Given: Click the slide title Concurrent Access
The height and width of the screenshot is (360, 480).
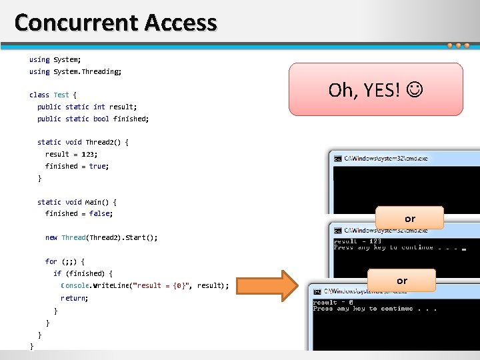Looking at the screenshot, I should (115, 23).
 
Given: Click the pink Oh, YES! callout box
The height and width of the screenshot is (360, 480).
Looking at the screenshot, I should (375, 89).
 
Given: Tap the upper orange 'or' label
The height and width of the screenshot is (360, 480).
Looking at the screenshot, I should (409, 218).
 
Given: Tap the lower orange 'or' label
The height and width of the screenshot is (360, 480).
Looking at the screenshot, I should (401, 280).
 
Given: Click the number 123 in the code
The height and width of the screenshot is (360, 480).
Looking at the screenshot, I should (89, 154).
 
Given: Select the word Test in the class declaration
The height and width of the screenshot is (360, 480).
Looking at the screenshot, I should (61, 95).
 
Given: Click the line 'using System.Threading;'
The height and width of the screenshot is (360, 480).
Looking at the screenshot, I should (75, 71).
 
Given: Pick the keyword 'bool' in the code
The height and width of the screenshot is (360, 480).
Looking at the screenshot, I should (101, 119).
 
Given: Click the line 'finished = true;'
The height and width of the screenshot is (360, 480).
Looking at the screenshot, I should (77, 166).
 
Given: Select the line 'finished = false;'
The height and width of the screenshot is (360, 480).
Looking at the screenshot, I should (79, 213).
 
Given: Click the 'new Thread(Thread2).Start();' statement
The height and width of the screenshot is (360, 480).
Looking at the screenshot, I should (101, 237).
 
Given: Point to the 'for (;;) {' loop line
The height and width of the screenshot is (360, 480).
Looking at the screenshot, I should (65, 261).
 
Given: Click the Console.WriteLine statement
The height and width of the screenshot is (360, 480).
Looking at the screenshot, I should (145, 285).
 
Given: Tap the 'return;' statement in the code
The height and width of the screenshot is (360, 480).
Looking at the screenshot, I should (74, 298).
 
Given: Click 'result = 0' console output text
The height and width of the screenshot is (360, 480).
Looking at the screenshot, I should (333, 302).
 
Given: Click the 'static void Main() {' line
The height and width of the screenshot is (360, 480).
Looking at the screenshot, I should (77, 202).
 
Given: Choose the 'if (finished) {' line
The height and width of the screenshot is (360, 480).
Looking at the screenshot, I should (83, 273).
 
